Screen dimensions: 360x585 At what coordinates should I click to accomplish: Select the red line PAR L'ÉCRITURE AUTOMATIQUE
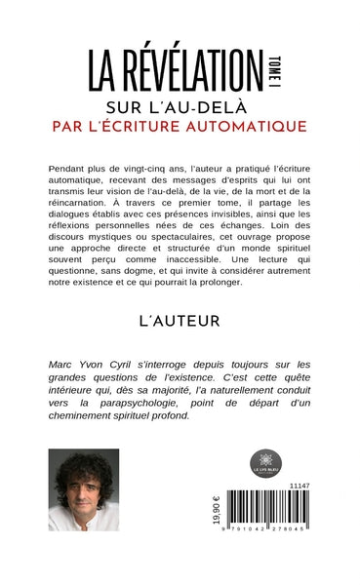point(180,126)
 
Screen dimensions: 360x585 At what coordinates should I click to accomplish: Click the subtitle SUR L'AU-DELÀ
point(180,105)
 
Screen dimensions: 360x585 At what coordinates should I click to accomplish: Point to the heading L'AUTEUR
point(180,320)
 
